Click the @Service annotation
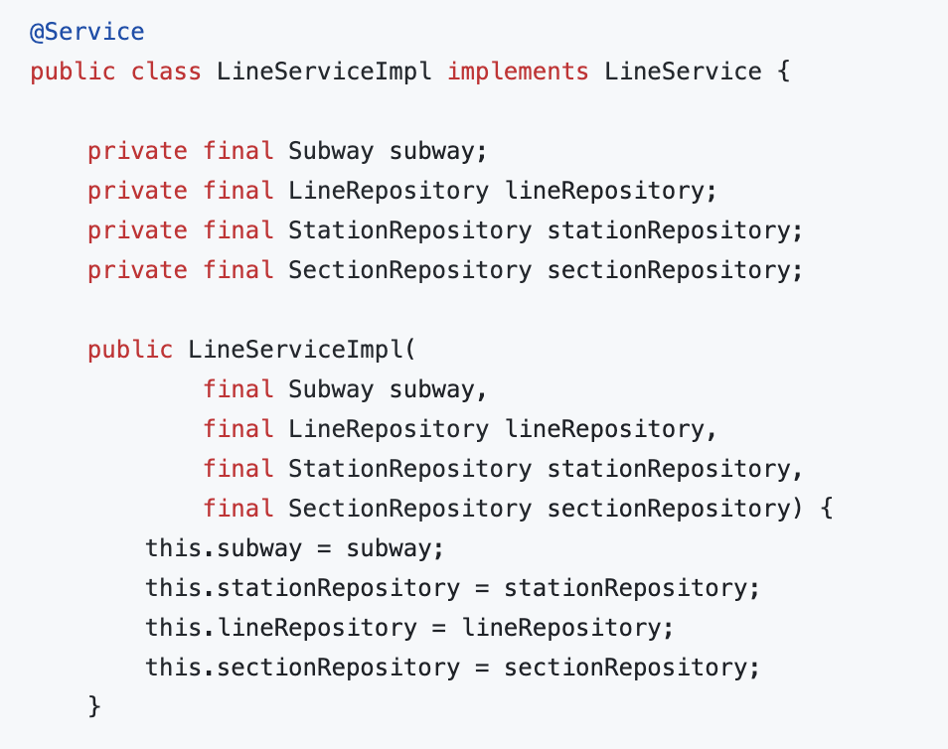pos(87,32)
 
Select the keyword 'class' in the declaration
pos(166,72)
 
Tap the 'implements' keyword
pos(517,72)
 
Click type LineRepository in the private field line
pos(388,191)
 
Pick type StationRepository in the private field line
pos(409,230)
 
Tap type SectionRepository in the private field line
pos(409,270)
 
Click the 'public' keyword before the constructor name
pos(129,350)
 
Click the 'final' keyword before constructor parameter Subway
pos(238,389)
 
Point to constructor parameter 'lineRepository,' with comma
pos(611,429)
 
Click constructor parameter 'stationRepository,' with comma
pos(675,469)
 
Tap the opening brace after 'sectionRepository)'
pos(825,509)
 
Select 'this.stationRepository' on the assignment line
pos(302,588)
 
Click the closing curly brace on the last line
pos(95,707)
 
